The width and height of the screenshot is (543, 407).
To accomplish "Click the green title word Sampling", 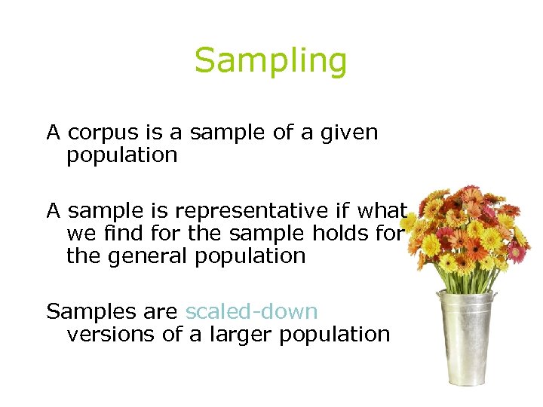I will pyautogui.click(x=271, y=62).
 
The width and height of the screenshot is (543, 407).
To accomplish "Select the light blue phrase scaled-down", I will pyautogui.click(x=251, y=311).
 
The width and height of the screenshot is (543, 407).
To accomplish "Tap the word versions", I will pyautogui.click(x=111, y=335).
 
